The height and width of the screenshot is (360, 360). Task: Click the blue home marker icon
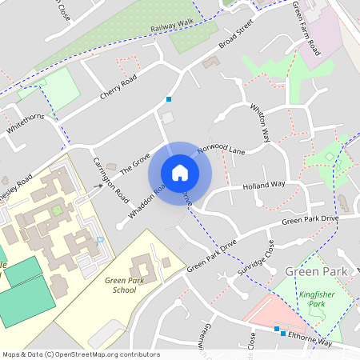pos(180,172)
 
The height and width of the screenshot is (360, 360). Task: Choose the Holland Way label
pos(265,184)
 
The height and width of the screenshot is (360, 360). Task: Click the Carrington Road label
pos(110,178)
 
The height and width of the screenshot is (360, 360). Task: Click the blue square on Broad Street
pos(168,99)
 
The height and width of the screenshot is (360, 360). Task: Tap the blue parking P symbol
pos(100,240)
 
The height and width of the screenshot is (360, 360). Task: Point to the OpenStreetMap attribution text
pos(81,354)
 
